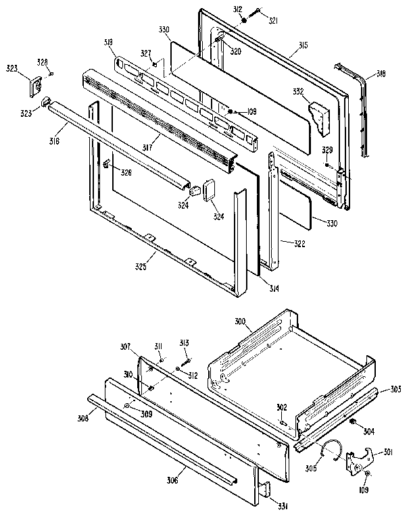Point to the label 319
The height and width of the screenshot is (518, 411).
[109, 43]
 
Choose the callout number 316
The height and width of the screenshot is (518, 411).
[53, 141]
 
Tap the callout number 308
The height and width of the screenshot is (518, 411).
[82, 419]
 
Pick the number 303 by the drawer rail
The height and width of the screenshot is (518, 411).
[395, 389]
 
